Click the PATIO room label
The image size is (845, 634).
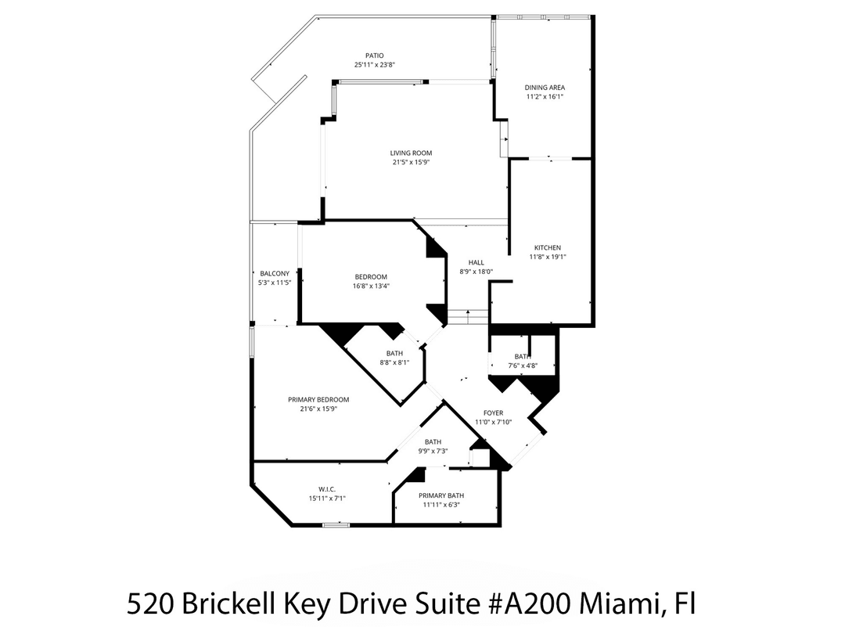[374, 56]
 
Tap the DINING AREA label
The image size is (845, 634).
[545, 88]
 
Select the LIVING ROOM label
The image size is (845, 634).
[412, 153]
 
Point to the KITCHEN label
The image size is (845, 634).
[547, 248]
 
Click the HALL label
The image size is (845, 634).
[476, 263]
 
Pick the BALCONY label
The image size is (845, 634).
[274, 273]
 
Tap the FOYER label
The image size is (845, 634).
[493, 412]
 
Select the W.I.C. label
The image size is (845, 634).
[327, 488]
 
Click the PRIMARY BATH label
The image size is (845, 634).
[441, 495]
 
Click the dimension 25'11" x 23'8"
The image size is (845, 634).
[374, 65]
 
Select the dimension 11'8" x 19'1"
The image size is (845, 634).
[547, 257]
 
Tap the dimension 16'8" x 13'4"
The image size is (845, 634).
[371, 286]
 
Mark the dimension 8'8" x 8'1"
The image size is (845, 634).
[394, 362]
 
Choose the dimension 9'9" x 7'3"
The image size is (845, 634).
[433, 450]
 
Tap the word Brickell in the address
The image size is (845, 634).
[236, 604]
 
